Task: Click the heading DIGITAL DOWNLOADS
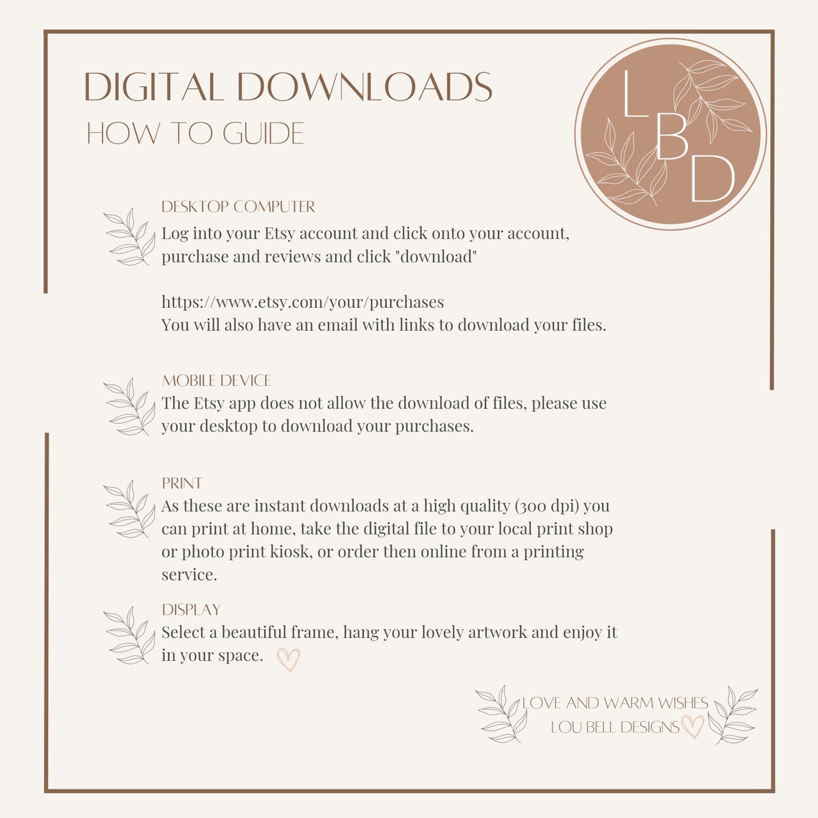[x=288, y=87]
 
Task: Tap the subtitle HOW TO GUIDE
[x=195, y=133]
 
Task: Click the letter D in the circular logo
[x=713, y=179]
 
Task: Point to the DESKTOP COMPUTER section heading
[x=238, y=207]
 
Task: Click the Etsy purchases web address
[x=303, y=302]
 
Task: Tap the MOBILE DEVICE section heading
[x=217, y=380]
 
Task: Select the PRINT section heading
[x=182, y=483]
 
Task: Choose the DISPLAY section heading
[x=192, y=609]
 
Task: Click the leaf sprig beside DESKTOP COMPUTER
[x=130, y=237]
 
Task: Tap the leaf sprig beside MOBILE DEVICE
[x=130, y=406]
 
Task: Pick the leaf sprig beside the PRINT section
[x=130, y=509]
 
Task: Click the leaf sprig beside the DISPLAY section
[x=130, y=636]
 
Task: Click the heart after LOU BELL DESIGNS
[x=693, y=726]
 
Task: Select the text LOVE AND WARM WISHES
[x=615, y=702]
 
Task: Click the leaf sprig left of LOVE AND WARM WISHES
[x=502, y=714]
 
